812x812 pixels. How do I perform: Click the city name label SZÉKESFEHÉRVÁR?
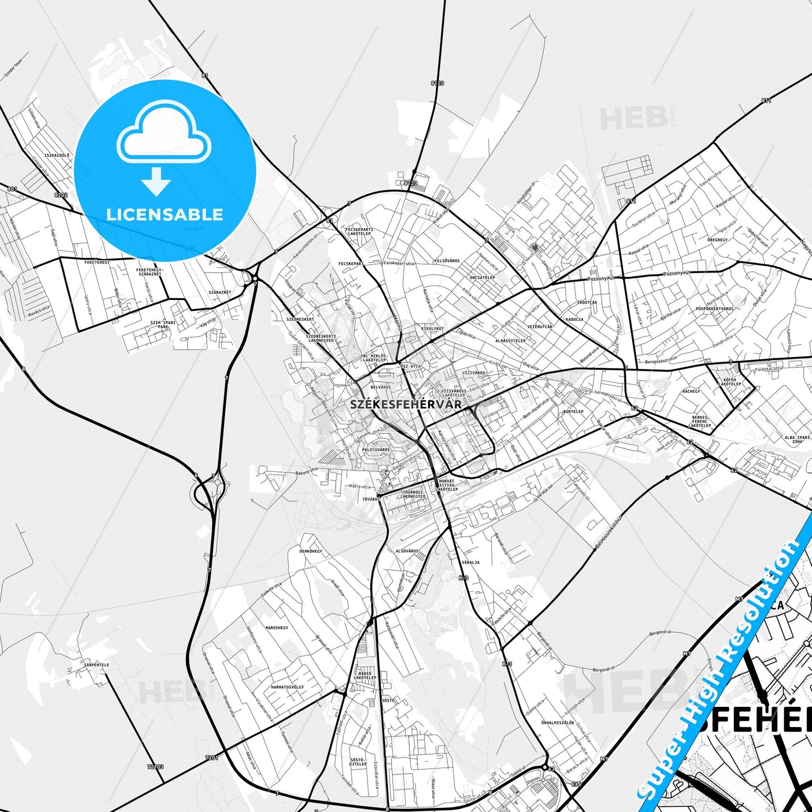pos(405,404)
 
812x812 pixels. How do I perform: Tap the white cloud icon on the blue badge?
pos(164,134)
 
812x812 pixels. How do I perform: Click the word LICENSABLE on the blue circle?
pos(165,214)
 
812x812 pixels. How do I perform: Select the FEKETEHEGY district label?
pos(97,262)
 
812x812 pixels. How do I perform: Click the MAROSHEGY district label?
pos(276,628)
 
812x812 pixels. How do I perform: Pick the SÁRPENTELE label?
pos(96,665)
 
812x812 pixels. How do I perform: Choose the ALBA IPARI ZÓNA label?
pos(797,439)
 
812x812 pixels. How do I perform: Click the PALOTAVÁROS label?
pos(376,450)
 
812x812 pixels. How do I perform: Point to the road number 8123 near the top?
pos(437,83)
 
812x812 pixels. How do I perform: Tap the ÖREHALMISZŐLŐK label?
pos(557,723)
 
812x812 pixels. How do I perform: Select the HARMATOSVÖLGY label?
pos(287,687)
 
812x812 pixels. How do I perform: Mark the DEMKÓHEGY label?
pos(311,551)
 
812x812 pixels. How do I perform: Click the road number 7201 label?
pos(212,758)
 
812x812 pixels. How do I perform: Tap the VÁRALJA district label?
pos(470,562)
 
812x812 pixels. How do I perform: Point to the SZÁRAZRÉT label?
pos(219,293)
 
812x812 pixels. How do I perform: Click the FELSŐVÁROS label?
pos(447,261)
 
